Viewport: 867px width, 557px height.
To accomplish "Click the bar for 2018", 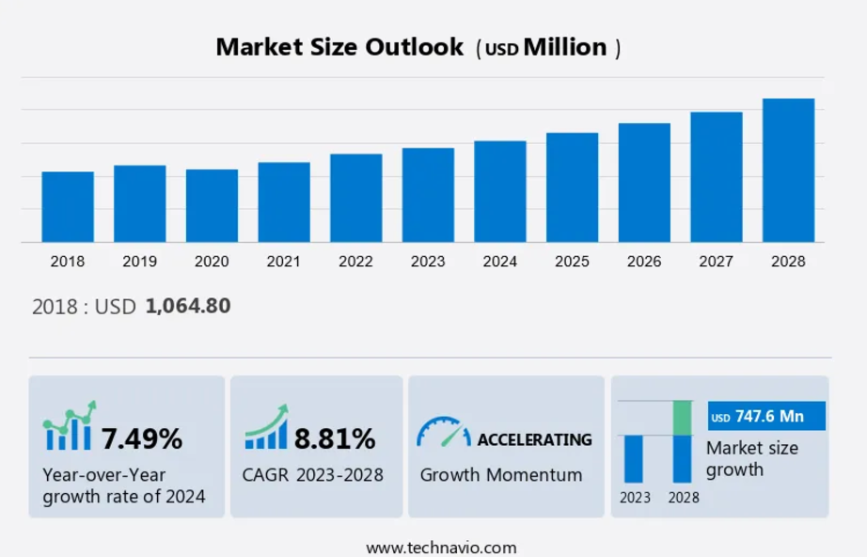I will click(x=68, y=207).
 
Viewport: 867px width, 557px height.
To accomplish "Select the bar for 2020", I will click(x=212, y=206).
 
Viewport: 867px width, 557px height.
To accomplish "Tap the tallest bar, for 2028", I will click(x=788, y=170).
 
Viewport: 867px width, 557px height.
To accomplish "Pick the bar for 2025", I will click(x=572, y=187).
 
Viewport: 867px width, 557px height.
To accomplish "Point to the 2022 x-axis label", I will click(x=355, y=262).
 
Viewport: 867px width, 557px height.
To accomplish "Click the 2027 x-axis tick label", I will click(x=716, y=262).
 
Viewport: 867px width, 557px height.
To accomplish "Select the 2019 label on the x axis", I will click(x=139, y=262).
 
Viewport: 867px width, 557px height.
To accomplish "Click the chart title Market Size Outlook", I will click(x=339, y=47).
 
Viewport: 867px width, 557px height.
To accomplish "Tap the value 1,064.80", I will click(x=188, y=306).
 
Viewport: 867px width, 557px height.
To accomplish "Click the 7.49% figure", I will click(x=142, y=438).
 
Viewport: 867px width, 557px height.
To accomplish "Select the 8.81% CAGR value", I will click(x=335, y=438).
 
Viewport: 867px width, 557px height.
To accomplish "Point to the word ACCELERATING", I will click(x=534, y=439).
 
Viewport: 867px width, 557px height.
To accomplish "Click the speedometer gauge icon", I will click(x=443, y=433).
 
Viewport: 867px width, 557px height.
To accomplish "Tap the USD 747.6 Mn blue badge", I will click(x=766, y=416).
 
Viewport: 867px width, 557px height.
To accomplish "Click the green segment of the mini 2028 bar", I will click(x=683, y=418).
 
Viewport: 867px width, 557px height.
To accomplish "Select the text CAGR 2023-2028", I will click(x=313, y=475).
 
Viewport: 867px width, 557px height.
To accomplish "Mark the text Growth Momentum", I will click(x=501, y=475).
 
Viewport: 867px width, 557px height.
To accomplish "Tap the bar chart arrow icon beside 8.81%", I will click(x=267, y=428).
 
